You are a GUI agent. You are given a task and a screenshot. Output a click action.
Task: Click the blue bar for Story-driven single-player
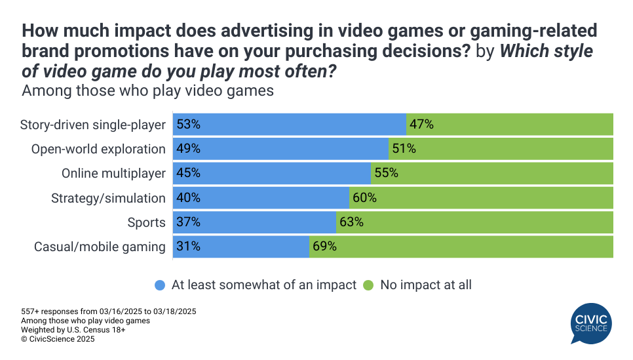click(290, 124)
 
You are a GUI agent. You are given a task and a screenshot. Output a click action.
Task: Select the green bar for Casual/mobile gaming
click(461, 247)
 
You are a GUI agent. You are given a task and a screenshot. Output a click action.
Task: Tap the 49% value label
click(188, 149)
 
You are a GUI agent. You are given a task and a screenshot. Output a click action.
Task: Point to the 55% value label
click(386, 174)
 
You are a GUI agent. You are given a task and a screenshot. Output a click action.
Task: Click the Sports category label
click(146, 223)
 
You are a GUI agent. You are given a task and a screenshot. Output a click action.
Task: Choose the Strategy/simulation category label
click(109, 198)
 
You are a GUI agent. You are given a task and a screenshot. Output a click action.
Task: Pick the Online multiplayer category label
click(113, 174)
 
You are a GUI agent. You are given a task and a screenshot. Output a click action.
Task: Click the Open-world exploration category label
click(98, 149)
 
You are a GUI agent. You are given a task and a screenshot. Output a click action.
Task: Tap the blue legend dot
click(160, 285)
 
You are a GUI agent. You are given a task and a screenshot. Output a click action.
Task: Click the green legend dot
click(368, 285)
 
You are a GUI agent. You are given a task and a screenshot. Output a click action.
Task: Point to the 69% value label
click(324, 247)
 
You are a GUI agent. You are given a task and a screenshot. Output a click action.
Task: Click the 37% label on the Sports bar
click(188, 223)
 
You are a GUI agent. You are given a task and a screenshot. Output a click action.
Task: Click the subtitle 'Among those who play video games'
click(147, 90)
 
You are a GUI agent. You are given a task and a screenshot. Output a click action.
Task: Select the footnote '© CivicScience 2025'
click(58, 340)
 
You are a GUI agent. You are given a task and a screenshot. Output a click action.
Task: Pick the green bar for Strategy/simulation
click(482, 198)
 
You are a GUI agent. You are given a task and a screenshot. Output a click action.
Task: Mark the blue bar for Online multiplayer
click(272, 174)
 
